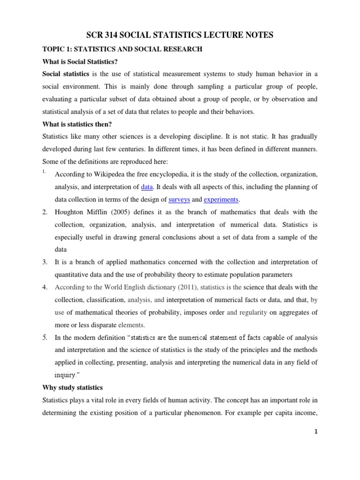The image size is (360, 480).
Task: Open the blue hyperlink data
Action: [x=147, y=187]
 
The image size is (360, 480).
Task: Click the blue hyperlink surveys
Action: [x=179, y=199]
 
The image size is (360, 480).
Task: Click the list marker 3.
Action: [x=45, y=262]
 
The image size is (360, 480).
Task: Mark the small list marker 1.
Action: [x=44, y=172]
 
